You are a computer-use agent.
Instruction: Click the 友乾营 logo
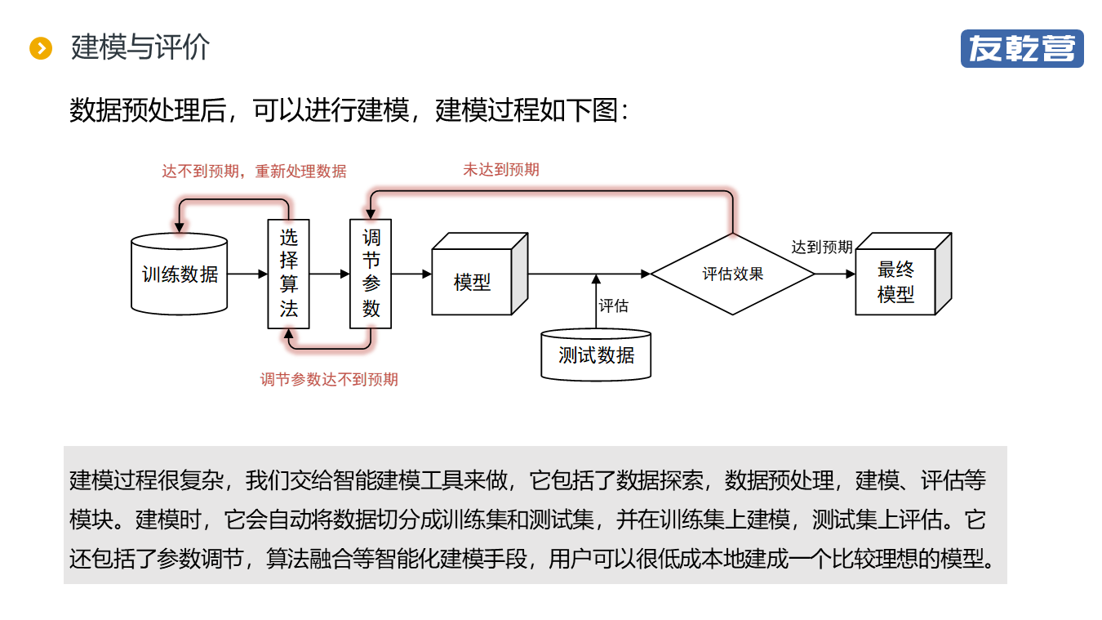[x=1022, y=49]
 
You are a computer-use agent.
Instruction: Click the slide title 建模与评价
[x=140, y=47]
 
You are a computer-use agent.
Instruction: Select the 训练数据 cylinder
[x=180, y=275]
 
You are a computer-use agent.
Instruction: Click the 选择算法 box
[x=289, y=274]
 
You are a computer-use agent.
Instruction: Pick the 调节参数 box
[x=371, y=274]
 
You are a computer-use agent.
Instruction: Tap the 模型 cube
[x=473, y=281]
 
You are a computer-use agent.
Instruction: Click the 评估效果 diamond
[x=732, y=274]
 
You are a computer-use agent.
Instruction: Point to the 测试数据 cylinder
[x=596, y=355]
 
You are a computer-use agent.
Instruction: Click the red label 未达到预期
[x=501, y=170]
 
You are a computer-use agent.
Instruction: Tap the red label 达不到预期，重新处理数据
[x=254, y=171]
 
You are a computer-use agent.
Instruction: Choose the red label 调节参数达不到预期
[x=329, y=379]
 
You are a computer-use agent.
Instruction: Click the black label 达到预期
[x=821, y=247]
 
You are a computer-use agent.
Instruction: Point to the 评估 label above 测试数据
[x=614, y=306]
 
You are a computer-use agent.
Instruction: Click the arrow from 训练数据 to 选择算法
[x=248, y=274]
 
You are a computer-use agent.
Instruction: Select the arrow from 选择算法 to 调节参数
[x=330, y=274]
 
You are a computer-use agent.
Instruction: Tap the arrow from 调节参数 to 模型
[x=411, y=274]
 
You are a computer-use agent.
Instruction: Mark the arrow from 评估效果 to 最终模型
[x=834, y=274]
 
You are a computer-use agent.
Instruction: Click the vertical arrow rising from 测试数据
[x=596, y=302]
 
